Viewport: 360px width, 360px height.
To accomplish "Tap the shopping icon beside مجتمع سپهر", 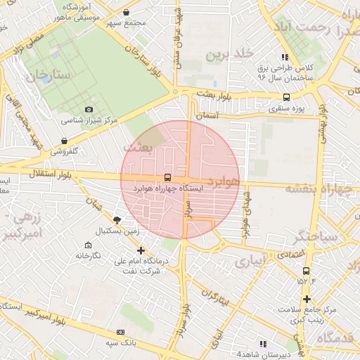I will tap(126, 12).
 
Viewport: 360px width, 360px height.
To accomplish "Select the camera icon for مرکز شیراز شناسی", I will tap(89, 109).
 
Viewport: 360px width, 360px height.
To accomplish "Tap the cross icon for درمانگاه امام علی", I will tap(141, 250).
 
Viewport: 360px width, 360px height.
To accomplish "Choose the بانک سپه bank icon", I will tap(120, 331).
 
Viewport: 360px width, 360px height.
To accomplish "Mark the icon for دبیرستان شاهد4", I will tap(263, 344).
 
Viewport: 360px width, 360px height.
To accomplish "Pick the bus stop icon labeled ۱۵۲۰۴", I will tap(305, 271).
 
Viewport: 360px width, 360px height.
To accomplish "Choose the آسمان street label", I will tap(209, 115).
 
